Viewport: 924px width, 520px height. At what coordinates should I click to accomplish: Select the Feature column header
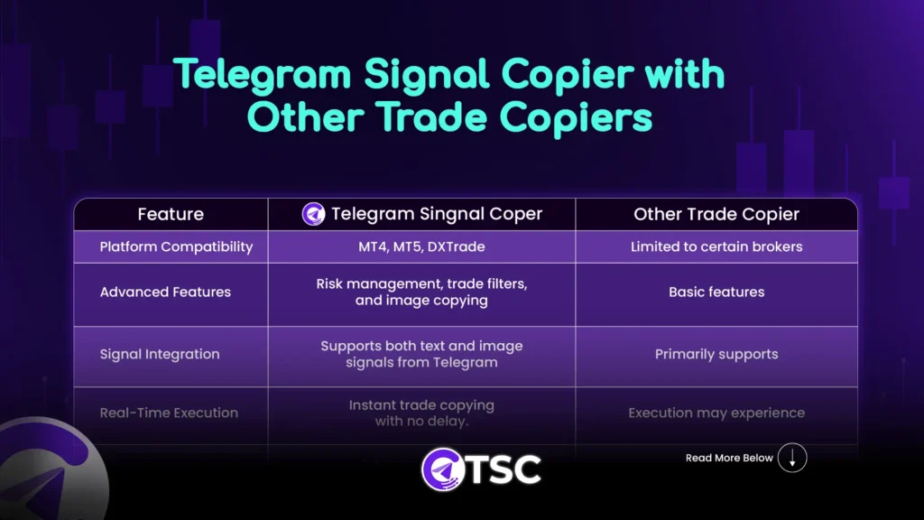pos(171,215)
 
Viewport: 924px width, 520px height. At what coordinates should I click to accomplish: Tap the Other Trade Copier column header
pos(716,215)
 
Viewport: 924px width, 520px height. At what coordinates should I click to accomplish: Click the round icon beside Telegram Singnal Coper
pos(313,215)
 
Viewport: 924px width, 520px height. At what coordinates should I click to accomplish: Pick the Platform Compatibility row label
pos(176,246)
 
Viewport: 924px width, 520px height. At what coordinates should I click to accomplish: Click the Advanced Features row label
pos(165,292)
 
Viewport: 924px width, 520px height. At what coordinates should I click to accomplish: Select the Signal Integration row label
pos(160,354)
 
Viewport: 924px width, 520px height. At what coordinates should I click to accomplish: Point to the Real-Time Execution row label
pos(169,413)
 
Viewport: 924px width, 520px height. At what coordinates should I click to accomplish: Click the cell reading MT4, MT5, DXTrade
pos(421,246)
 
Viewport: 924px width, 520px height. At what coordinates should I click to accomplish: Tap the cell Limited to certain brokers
pos(716,246)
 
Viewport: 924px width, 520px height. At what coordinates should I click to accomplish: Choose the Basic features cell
pos(716,292)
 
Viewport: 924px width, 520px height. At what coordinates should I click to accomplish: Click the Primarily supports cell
pos(716,354)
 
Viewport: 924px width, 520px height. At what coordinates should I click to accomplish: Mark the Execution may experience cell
pos(716,413)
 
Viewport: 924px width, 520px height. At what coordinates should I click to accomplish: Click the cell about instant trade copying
pos(421,413)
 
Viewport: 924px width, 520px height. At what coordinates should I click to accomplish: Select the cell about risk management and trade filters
pos(421,292)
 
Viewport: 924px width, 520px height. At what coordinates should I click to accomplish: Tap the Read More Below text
pos(729,458)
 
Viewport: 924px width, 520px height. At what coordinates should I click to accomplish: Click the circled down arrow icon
pos(792,458)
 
